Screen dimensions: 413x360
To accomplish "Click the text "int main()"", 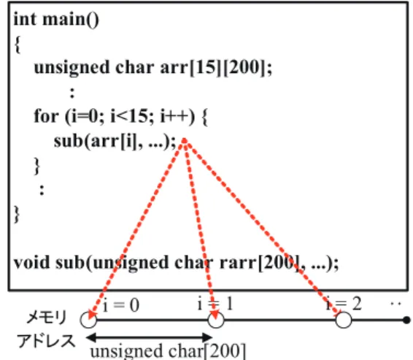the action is click(56, 20).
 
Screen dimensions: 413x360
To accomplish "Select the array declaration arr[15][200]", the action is click(216, 67).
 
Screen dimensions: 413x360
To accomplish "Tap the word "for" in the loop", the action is click(46, 115).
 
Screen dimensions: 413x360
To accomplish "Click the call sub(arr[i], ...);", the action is click(115, 141).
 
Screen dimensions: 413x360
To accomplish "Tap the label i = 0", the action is click(120, 305).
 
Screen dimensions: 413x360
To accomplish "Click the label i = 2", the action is click(344, 304).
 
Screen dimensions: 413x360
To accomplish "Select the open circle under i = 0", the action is click(88, 320).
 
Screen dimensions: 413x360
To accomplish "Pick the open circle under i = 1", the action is click(216, 320).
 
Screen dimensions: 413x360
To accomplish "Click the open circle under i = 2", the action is click(344, 320).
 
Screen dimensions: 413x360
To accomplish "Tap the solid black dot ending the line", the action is click(406, 320).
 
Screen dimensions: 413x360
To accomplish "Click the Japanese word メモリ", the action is click(47, 317).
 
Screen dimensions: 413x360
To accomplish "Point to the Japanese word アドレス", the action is click(46, 341).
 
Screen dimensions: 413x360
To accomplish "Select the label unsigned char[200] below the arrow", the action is click(168, 351).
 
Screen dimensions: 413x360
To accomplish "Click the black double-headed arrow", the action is click(150, 337).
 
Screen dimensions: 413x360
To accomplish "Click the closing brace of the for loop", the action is click(37, 166).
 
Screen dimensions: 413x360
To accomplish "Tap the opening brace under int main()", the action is click(18, 45).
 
